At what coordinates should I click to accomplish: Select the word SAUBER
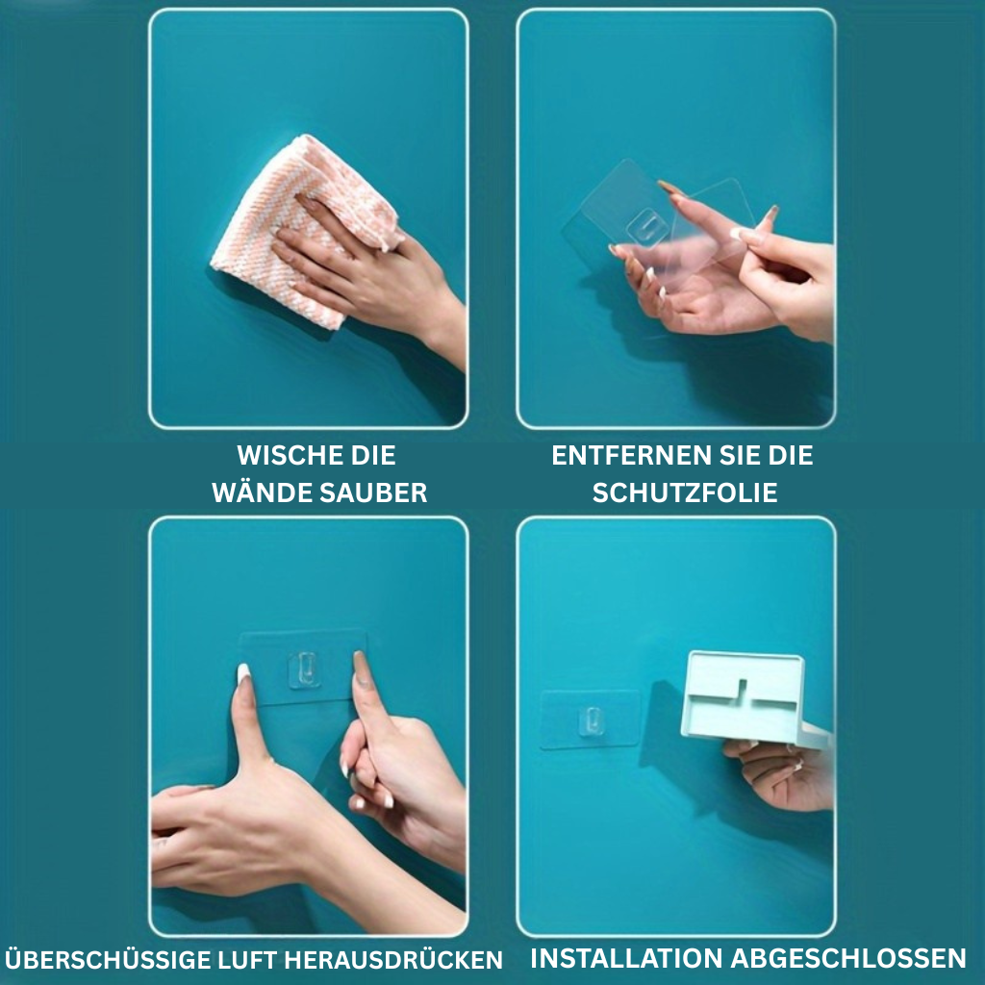click(x=373, y=492)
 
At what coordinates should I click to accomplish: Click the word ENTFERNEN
click(x=631, y=455)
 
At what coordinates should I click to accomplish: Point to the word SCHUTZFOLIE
click(x=685, y=492)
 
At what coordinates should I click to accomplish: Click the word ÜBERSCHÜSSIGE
click(x=107, y=960)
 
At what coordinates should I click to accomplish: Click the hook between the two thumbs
click(x=303, y=669)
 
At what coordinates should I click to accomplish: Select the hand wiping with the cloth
click(x=370, y=276)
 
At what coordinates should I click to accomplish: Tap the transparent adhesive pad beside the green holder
click(x=590, y=720)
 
